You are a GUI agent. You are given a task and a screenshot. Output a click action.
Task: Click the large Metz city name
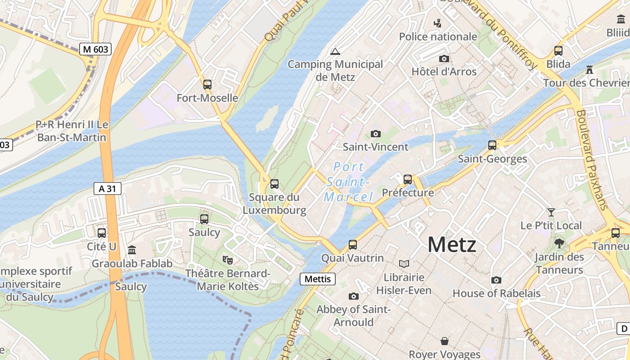click(451, 245)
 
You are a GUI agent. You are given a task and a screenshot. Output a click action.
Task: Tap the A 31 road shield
click(108, 189)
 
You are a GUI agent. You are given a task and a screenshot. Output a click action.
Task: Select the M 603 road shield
click(95, 49)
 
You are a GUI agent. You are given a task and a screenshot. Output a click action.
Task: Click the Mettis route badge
click(318, 279)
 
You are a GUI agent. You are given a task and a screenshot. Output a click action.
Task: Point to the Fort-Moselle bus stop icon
click(207, 84)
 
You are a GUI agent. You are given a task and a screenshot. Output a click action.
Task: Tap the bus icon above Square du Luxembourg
click(274, 184)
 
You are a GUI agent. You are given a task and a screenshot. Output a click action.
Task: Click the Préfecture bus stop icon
click(408, 179)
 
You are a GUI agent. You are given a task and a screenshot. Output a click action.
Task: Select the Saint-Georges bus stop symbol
click(492, 145)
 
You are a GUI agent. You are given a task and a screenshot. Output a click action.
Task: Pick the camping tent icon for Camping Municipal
click(335, 51)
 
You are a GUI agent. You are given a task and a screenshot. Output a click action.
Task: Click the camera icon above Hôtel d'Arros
click(444, 58)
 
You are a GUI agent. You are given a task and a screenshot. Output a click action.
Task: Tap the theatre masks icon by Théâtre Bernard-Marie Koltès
click(228, 260)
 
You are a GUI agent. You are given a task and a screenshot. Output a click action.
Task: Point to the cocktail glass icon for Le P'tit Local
click(551, 212)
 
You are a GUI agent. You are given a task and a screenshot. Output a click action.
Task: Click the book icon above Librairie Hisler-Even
click(404, 264)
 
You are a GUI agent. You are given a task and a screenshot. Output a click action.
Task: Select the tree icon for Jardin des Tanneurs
click(559, 243)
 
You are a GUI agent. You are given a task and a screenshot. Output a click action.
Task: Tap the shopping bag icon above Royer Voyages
click(445, 341)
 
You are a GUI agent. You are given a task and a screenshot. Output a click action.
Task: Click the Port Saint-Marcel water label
click(349, 182)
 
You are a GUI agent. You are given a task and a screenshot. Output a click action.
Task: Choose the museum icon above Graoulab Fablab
click(132, 250)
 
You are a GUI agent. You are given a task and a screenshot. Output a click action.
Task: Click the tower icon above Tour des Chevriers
click(589, 69)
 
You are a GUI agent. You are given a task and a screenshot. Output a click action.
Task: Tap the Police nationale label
click(438, 36)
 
